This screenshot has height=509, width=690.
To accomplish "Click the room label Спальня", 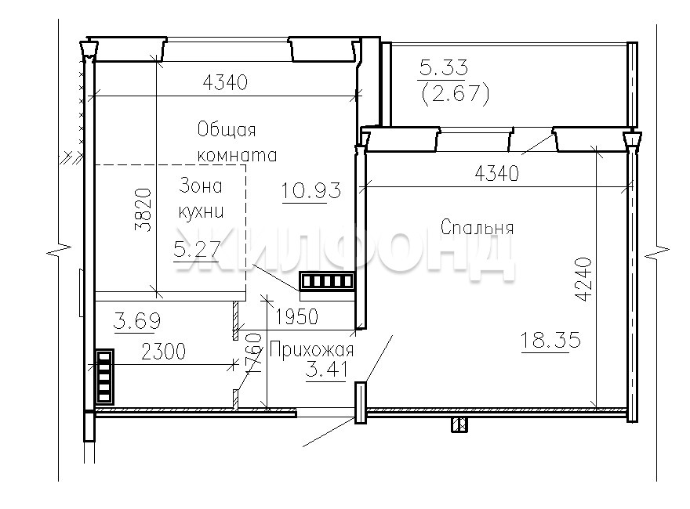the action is point(477,228).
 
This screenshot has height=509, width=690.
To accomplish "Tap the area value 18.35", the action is point(550,340).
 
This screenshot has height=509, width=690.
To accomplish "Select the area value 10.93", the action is point(310,191).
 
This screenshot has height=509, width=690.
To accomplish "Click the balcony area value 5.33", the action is point(444,67).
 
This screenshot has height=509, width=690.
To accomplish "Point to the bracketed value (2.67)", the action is point(456,93).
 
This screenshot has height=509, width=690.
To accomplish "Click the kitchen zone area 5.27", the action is point(197,250).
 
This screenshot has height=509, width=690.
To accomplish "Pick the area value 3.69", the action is point(137,321).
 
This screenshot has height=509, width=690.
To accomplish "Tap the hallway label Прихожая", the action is point(311,350).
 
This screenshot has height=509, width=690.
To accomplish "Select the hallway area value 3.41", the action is point(326,370).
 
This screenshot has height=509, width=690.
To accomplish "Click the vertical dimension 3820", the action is point(143,210).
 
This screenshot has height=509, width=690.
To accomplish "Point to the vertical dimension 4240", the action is point(583,280).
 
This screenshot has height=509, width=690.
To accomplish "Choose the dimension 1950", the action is point(296,316).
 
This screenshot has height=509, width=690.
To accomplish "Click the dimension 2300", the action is point(163,351).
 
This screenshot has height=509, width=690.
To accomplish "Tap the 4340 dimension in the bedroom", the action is point(497,174).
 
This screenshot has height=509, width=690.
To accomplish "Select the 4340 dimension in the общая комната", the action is point(225,82).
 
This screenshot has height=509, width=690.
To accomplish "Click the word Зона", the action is point(200,186).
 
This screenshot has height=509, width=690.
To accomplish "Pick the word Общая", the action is point(226,130).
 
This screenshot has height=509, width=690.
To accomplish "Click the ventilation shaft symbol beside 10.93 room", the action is point(327,281).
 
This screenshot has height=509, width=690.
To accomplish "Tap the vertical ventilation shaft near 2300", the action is point(104,377).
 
